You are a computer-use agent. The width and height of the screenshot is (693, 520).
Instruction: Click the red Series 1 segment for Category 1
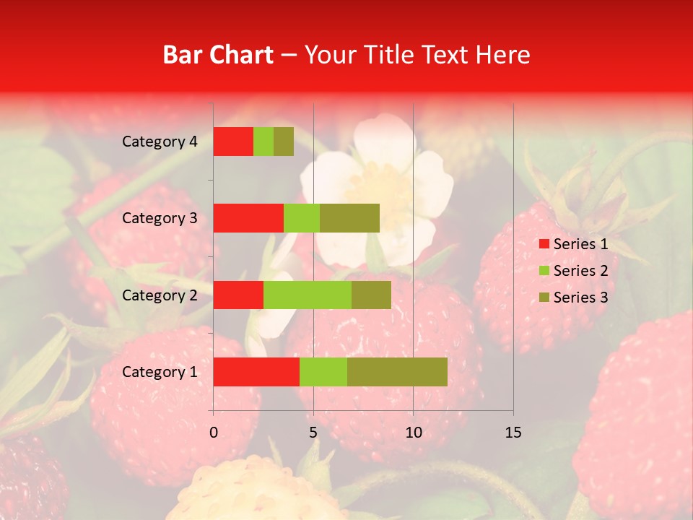click(x=256, y=372)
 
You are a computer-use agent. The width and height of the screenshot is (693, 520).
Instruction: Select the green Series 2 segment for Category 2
click(x=308, y=295)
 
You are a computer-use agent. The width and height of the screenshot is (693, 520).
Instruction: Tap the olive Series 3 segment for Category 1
click(x=397, y=372)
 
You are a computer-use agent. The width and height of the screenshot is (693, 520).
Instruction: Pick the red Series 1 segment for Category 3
click(x=248, y=218)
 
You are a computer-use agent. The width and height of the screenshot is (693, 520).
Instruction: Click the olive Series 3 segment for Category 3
click(x=349, y=218)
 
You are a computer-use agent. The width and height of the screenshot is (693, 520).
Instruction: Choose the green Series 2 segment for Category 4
click(x=263, y=142)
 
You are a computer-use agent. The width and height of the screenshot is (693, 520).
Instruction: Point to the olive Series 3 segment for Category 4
click(x=284, y=142)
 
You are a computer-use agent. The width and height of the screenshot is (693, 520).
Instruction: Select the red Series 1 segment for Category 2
click(x=238, y=295)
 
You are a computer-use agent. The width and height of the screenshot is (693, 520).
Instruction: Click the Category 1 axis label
click(x=160, y=372)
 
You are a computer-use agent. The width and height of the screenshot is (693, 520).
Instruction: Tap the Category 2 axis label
click(x=160, y=295)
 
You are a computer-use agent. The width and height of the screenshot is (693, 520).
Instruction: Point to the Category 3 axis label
click(x=160, y=218)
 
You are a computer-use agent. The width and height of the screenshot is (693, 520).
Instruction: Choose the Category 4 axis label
click(x=160, y=142)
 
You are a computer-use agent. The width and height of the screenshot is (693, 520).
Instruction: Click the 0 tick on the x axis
click(x=214, y=433)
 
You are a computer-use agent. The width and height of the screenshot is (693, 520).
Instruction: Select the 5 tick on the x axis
click(x=313, y=433)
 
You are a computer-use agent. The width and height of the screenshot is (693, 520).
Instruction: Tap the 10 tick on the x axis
click(x=413, y=433)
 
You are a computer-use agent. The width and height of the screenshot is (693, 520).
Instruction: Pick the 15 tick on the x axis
click(x=513, y=433)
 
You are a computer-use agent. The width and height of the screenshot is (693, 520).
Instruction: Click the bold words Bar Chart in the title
click(x=218, y=55)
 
